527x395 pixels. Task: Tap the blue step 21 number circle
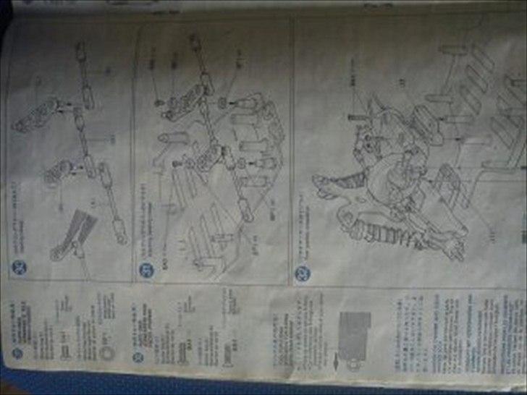coord(144,270)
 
